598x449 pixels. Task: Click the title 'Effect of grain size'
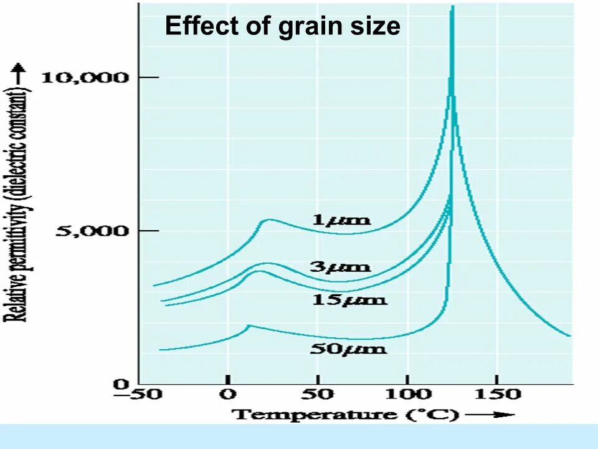point(282,26)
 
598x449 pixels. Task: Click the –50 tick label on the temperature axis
point(138,394)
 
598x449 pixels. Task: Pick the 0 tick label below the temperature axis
point(229,394)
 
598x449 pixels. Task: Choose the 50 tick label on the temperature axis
point(318,394)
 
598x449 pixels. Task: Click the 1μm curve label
point(341,220)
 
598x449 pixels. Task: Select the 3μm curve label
point(340,267)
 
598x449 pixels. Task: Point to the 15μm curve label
point(348,300)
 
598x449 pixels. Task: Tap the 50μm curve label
point(348,348)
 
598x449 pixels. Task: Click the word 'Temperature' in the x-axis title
point(315,414)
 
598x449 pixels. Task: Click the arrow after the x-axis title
point(489,414)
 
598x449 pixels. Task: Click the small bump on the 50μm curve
point(249,326)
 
